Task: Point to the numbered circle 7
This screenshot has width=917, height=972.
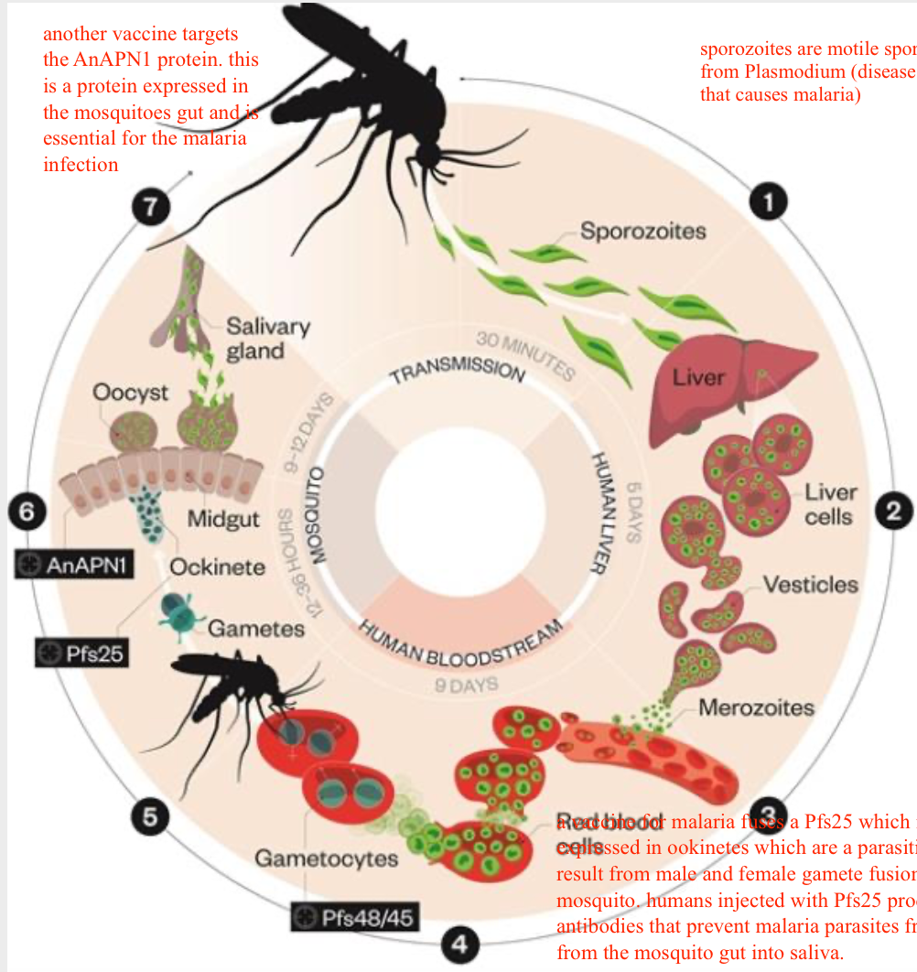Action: coord(149,208)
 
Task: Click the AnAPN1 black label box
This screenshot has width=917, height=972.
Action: coord(75,565)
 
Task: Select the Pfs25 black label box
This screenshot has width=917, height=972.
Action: coord(81,654)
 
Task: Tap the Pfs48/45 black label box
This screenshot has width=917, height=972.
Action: coord(356,917)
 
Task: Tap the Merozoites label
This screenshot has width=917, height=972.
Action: coord(756,707)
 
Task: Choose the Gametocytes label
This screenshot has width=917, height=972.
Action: coord(326,859)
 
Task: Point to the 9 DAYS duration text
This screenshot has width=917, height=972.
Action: coord(466,685)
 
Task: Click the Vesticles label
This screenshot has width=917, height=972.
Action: coord(811,584)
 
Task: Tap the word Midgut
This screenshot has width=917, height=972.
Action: coord(224,519)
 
